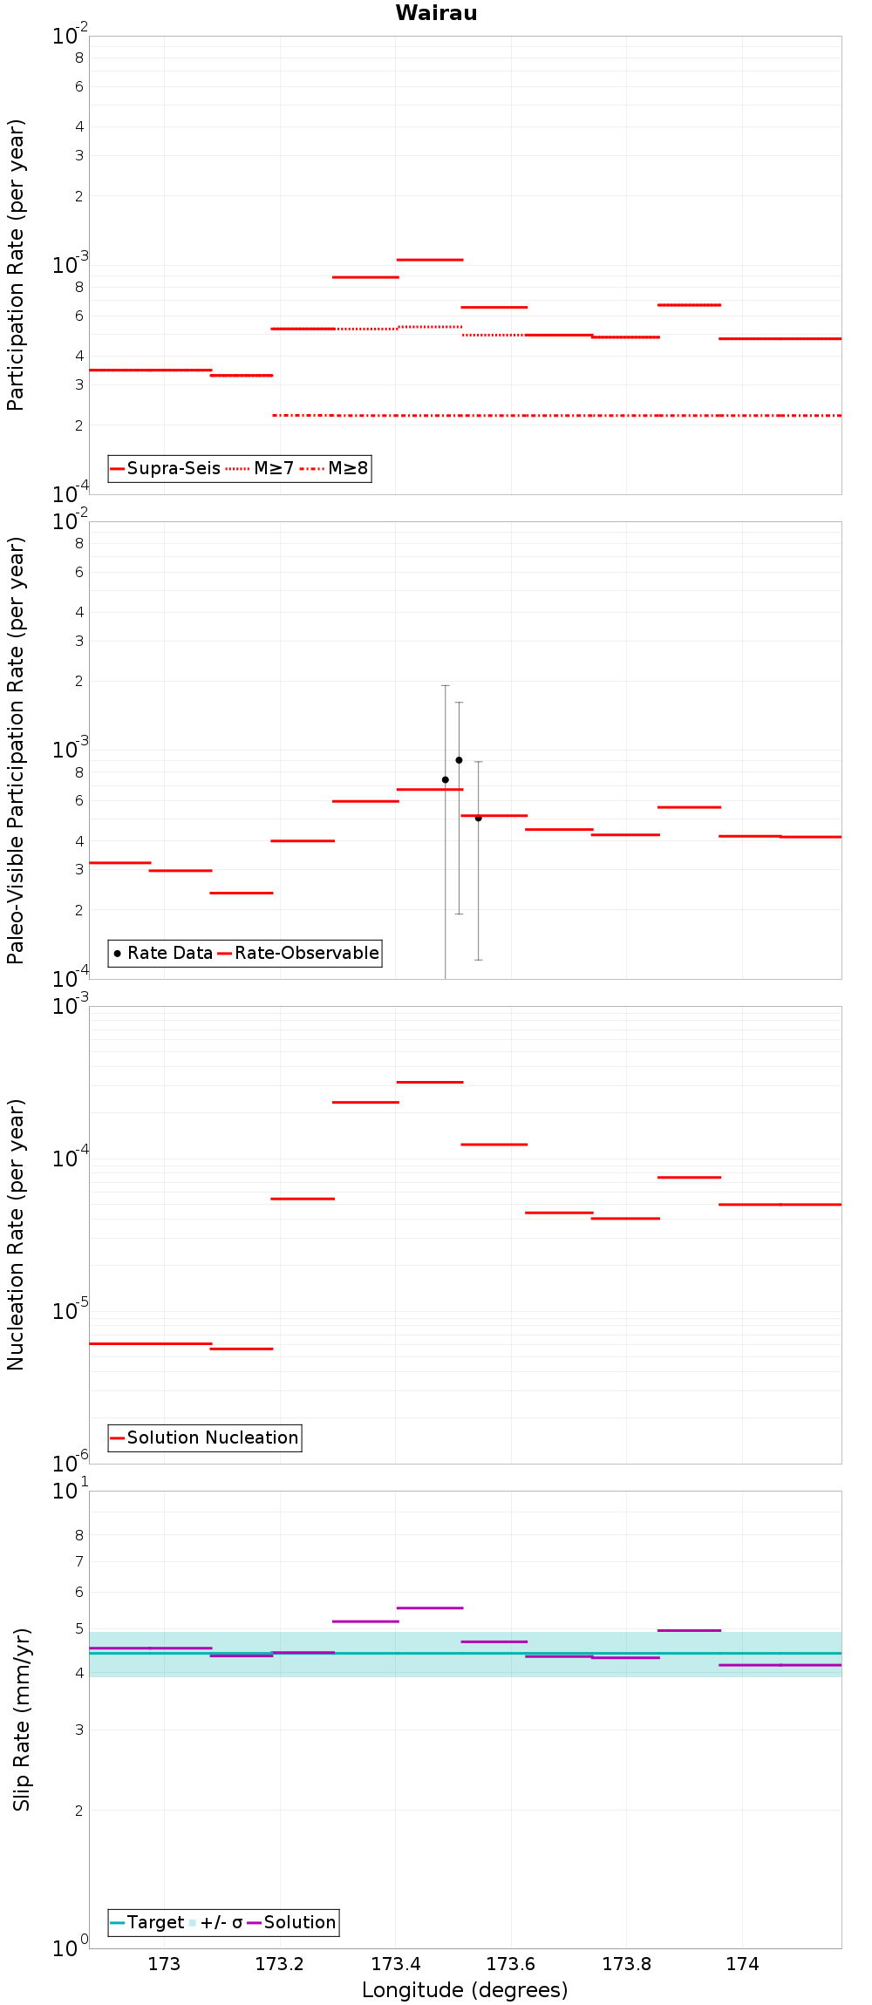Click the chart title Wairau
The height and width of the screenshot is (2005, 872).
436,13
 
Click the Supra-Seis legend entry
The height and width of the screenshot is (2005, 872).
166,468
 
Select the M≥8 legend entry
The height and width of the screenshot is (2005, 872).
334,468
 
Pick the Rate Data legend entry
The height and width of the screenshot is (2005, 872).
163,953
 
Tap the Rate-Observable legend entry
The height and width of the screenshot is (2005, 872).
298,953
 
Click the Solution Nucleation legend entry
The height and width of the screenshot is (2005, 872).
205,1437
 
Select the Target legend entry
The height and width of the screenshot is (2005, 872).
147,1922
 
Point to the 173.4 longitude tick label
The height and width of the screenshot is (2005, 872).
396,1964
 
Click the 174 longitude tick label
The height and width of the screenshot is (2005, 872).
742,1964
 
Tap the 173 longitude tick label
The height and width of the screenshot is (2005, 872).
164,1964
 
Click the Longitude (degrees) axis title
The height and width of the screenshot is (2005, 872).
465,1990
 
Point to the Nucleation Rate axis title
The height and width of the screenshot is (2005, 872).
16,1234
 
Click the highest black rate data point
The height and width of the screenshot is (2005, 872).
459,760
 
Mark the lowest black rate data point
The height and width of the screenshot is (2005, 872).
478,818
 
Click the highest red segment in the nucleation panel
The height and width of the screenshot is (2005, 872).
430,1082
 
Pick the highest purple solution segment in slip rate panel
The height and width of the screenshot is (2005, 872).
430,1607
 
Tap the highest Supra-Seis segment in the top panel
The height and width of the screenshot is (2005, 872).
430,260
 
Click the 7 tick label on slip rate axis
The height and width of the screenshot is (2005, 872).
79,1561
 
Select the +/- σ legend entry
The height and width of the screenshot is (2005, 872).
215,1922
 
